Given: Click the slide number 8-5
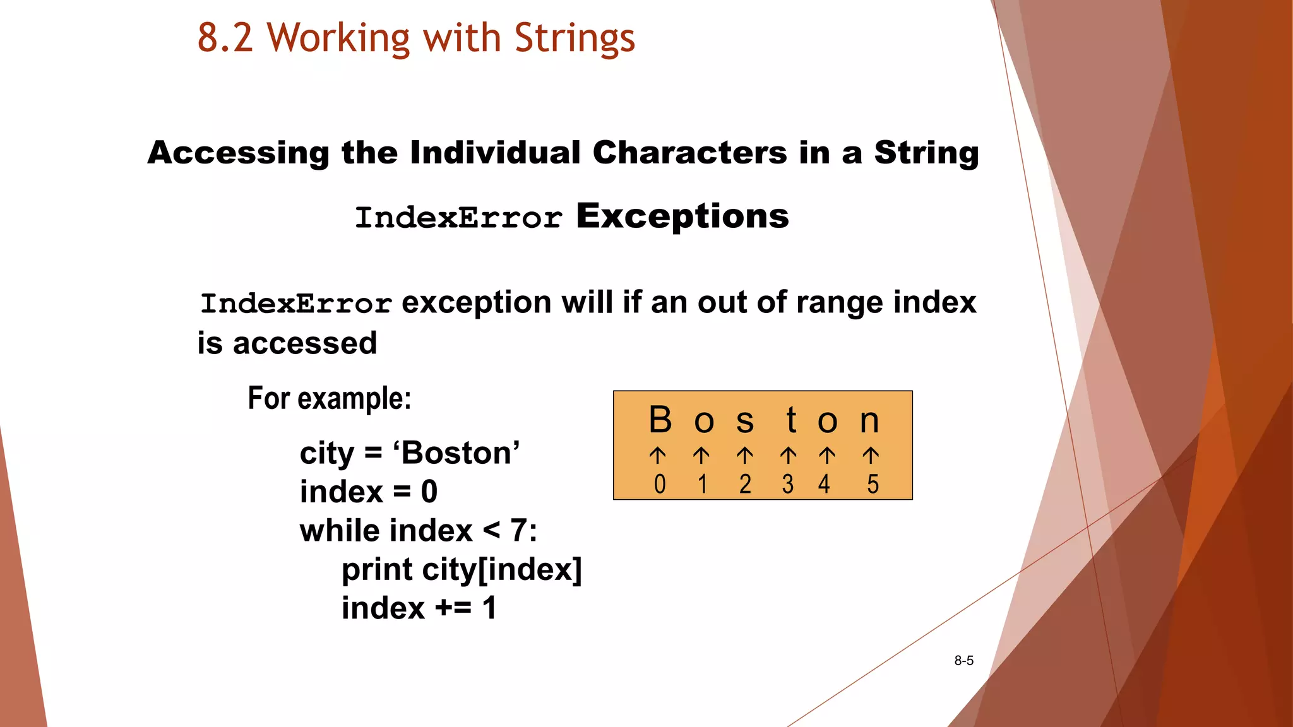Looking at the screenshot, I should [963, 661].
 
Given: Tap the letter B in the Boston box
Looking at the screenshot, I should [660, 420].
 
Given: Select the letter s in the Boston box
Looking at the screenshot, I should [745, 422].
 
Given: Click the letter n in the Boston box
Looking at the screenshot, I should [869, 422].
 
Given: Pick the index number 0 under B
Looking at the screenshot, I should [660, 484].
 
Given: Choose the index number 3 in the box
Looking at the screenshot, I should [787, 484].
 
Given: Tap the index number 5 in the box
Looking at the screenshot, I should [873, 484].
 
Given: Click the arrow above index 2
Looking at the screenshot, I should [745, 455].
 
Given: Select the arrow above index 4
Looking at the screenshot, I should [827, 455].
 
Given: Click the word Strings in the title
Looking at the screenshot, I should [575, 38].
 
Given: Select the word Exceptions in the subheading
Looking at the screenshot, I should [682, 216].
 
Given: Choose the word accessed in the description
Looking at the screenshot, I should [305, 344].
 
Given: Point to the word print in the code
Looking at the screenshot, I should [377, 570].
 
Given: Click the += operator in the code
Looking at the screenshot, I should [453, 608].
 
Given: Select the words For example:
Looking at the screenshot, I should [330, 399].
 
